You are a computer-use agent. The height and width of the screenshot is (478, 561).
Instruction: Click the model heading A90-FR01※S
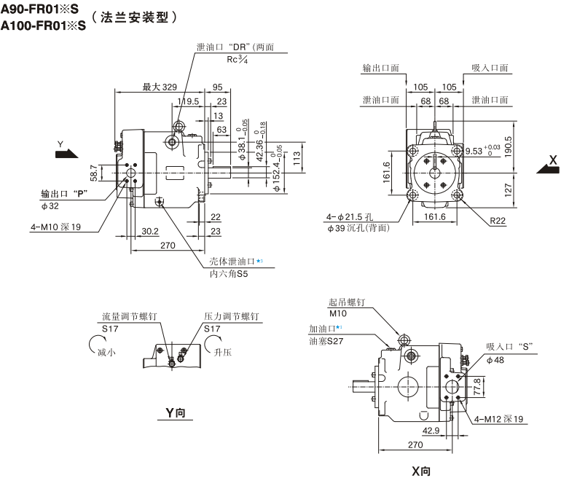43,9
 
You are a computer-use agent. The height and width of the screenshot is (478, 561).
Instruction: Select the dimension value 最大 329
160,87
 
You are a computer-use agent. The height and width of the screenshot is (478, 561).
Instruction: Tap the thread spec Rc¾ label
238,60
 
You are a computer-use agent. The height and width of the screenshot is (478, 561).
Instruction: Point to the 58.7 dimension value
94,172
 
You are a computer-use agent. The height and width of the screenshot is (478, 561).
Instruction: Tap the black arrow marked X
546,167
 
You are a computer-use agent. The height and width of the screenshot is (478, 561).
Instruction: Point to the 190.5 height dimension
508,130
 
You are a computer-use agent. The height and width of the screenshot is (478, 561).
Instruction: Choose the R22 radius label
498,220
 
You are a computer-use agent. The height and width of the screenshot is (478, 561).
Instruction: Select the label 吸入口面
489,68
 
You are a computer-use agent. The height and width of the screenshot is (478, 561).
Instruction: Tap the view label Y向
175,414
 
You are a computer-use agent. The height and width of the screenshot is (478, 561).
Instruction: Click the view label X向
421,470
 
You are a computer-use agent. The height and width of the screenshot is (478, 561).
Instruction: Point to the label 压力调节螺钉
231,317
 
